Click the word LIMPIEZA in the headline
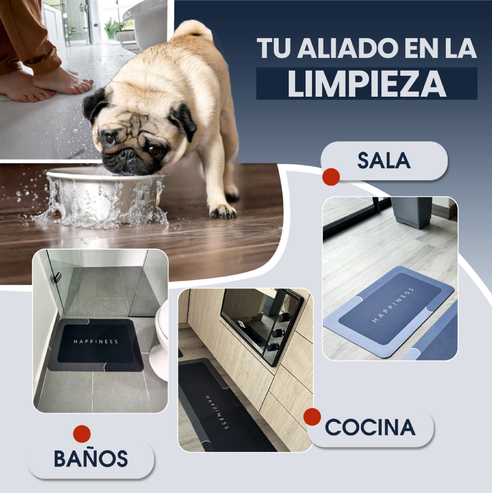click(367, 84)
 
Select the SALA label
click(384, 160)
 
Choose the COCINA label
click(370, 428)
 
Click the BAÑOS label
click(91, 459)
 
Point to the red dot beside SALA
click(331, 177)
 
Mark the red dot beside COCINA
click(312, 417)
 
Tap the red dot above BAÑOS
click(82, 434)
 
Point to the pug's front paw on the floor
click(223, 211)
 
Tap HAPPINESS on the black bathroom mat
click(96, 341)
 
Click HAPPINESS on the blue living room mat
click(393, 305)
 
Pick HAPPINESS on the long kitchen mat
click(217, 412)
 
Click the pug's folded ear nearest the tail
click(184, 121)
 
